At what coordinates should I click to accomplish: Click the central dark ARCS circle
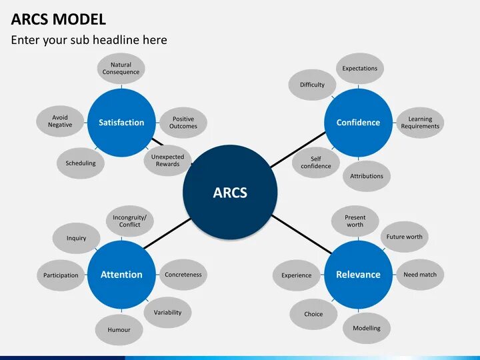230,193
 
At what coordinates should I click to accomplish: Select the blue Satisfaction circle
121,122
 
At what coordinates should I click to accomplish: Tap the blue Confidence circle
358,122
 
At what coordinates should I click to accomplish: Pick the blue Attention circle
121,274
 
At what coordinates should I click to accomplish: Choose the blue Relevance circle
358,274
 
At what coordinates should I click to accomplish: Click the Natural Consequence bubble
121,69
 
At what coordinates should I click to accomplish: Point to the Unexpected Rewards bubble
167,161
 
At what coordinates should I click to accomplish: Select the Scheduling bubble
81,163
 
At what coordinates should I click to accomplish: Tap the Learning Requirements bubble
420,123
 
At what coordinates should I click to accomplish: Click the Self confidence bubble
315,163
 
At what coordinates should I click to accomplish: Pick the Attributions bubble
367,176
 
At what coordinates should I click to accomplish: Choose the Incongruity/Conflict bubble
129,221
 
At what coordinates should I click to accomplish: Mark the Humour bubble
119,329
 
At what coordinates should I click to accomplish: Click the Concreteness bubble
183,275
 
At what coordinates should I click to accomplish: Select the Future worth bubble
404,237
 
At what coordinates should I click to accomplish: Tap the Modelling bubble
367,328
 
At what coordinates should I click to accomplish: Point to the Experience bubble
296,275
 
